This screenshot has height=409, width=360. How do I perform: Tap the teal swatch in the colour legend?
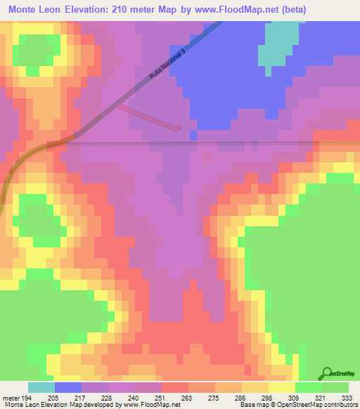pyautogui.click(x=41, y=387)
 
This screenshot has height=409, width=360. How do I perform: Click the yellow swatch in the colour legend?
pyautogui.click(x=282, y=387)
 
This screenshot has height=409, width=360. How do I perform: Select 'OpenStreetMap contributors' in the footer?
pyautogui.click(x=315, y=404)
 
